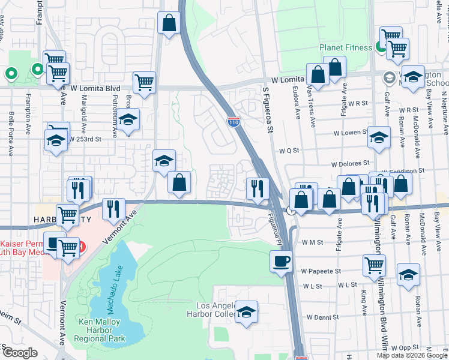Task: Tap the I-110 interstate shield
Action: [x=234, y=121]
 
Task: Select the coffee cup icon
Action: [x=281, y=260]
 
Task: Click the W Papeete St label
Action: [x=321, y=271]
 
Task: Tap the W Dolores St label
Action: [x=349, y=163]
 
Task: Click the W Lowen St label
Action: [x=348, y=132]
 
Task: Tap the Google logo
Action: [x=19, y=352]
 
